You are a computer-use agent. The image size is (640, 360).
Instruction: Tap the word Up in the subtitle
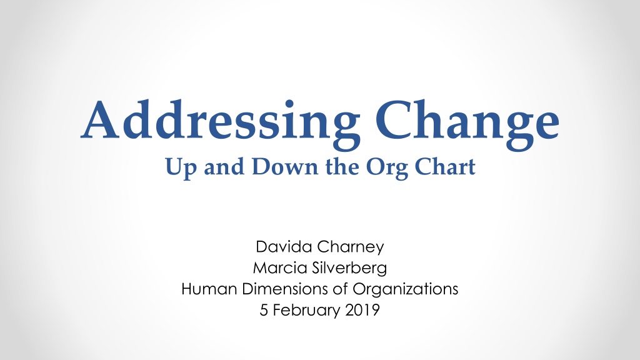pyautogui.click(x=181, y=167)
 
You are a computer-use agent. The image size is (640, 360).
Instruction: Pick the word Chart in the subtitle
pyautogui.click(x=445, y=166)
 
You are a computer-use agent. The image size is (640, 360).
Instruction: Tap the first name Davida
pyautogui.click(x=284, y=246)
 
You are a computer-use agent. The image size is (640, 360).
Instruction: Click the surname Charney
pyautogui.click(x=351, y=247)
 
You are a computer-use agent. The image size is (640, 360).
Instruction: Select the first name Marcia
pyautogui.click(x=280, y=267)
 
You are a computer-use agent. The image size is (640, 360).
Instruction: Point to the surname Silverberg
pyautogui.click(x=349, y=269)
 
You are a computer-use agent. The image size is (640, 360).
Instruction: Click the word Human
pyautogui.click(x=209, y=289)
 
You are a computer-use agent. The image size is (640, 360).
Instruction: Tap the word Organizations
pyautogui.click(x=405, y=290)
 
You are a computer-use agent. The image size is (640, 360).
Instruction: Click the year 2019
pyautogui.click(x=362, y=310)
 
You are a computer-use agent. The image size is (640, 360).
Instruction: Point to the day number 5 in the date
pyautogui.click(x=264, y=310)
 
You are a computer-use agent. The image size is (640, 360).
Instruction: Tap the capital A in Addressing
pyautogui.click(x=101, y=120)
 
